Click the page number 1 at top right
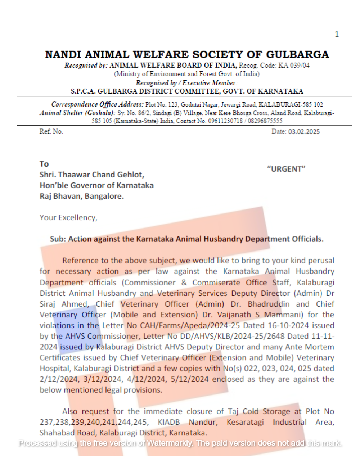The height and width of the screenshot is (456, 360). [337, 34]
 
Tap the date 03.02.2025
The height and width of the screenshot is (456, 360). [303, 132]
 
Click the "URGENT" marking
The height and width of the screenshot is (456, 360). [286, 169]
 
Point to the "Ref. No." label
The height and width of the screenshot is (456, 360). [51, 132]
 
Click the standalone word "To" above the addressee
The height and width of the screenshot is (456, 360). [44, 164]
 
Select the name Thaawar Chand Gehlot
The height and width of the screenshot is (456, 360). [101, 175]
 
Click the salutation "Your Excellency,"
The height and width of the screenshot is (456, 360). [68, 217]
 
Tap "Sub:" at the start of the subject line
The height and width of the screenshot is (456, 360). [58, 239]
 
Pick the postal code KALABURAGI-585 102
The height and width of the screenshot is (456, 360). [291, 105]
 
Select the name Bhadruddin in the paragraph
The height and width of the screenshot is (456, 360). [269, 304]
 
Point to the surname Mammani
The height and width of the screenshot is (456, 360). [283, 315]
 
